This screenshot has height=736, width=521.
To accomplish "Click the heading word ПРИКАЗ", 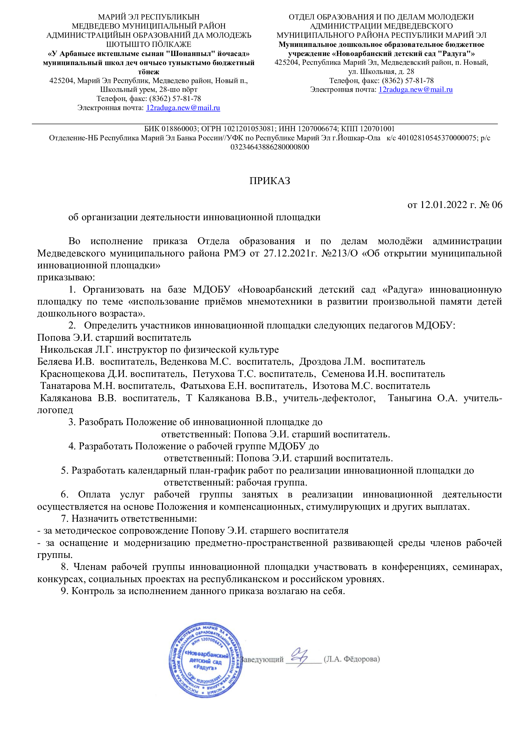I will (x=270, y=181).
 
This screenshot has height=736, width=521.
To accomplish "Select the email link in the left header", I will (x=183, y=108).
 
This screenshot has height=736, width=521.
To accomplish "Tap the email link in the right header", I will (x=415, y=89).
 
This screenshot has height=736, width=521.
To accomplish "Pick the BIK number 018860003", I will (x=179, y=129).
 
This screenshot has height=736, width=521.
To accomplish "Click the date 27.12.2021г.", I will (x=290, y=254).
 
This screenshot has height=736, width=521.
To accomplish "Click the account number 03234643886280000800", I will (x=270, y=147).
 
